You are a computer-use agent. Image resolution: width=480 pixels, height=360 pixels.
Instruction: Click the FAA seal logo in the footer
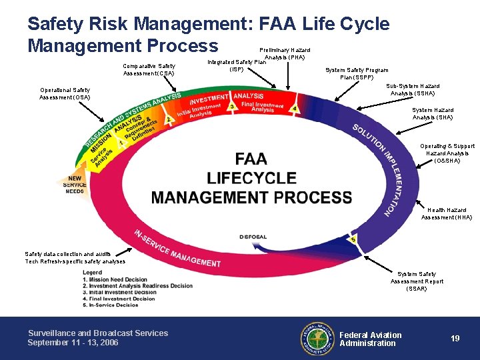(317, 339)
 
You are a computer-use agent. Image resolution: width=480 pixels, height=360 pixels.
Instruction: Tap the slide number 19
(455, 339)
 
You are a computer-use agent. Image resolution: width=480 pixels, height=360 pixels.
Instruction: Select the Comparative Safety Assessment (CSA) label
(149, 69)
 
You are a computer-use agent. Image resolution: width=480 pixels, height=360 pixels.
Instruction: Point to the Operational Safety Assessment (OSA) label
(65, 93)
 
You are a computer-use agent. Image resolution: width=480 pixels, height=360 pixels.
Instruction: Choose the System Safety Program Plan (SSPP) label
(356, 73)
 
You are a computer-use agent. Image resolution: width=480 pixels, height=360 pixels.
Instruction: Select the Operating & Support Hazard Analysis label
(447, 153)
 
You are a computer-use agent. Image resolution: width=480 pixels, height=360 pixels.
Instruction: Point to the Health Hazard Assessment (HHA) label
(446, 213)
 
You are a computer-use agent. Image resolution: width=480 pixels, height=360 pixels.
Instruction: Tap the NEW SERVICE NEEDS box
(75, 185)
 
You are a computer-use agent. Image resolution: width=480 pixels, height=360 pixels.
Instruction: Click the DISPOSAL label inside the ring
(253, 237)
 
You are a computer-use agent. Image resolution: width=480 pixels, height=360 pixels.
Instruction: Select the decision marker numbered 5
(353, 239)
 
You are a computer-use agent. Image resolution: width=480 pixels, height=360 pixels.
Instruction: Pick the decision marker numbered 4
(294, 109)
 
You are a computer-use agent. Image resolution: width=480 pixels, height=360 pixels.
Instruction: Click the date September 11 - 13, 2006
(73, 343)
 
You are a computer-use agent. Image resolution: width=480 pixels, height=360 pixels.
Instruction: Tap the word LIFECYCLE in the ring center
(251, 178)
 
